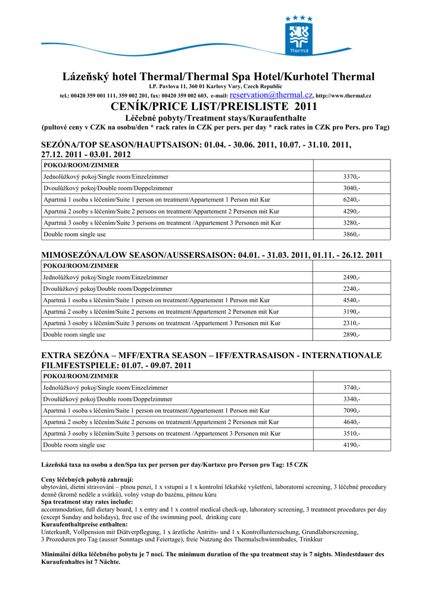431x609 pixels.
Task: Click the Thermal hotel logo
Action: click(299, 34)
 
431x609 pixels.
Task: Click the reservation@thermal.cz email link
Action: click(271, 95)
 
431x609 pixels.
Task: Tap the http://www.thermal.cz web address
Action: click(343, 96)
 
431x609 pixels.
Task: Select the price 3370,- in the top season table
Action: click(351, 177)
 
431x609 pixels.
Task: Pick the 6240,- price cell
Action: click(351, 200)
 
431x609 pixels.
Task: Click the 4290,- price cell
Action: click(351, 211)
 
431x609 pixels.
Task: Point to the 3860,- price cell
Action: click(351, 234)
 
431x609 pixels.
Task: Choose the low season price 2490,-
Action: click(351, 277)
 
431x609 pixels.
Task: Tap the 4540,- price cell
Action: click(351, 300)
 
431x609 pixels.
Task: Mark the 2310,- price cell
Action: click(351, 324)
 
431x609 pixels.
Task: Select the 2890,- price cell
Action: click(351, 335)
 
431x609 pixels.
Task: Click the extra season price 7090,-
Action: click(351, 410)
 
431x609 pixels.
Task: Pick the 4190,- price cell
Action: click(351, 445)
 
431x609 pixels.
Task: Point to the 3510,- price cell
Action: click(351, 434)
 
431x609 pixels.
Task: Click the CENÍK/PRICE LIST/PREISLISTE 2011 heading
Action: click(214, 107)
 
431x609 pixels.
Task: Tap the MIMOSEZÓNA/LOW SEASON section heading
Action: click(211, 255)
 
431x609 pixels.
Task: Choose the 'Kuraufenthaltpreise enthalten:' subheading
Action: click(84, 525)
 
